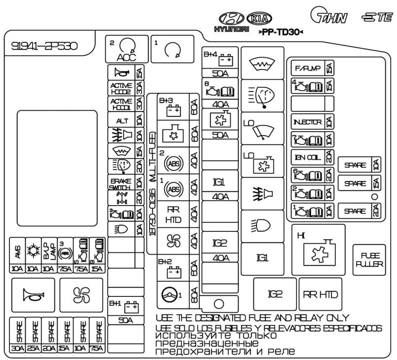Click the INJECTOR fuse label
pos(308,121)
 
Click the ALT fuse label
pos(121,120)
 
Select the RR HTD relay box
pos(320,294)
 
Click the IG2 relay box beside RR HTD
pos(275,294)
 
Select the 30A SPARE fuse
pos(18,335)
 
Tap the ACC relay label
pos(122,56)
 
